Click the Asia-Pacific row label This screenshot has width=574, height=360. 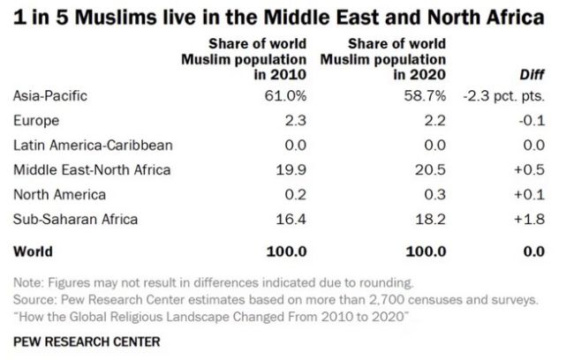(50, 95)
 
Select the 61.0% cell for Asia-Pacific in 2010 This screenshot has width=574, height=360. (284, 95)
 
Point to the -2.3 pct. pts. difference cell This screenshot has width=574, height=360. (510, 95)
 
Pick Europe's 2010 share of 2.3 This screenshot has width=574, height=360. (296, 120)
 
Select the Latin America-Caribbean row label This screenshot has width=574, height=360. (93, 145)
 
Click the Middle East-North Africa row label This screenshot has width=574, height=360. (93, 169)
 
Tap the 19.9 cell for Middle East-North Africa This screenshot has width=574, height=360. (291, 169)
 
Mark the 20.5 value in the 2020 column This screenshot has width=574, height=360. (431, 169)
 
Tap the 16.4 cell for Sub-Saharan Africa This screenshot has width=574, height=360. (291, 218)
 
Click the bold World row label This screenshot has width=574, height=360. (34, 251)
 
